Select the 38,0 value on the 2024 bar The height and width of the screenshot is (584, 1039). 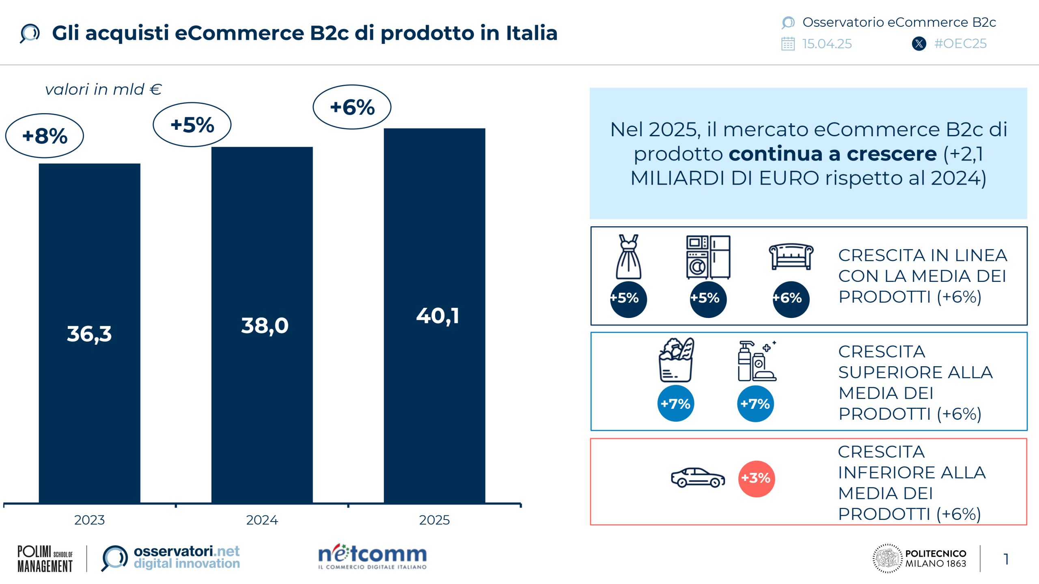click(x=265, y=326)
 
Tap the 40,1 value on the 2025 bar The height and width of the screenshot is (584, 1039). click(x=438, y=316)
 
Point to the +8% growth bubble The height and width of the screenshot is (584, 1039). click(x=45, y=136)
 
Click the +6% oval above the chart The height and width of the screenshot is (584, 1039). click(x=352, y=107)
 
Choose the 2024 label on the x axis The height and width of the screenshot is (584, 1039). click(x=262, y=520)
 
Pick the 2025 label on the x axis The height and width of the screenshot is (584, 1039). click(x=434, y=520)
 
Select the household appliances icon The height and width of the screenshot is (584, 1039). click(x=708, y=257)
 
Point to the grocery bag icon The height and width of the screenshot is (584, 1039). click(x=676, y=360)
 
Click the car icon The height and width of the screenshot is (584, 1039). click(x=698, y=478)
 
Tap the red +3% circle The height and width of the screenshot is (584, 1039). click(x=756, y=478)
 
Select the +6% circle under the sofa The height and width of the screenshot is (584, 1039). click(x=791, y=298)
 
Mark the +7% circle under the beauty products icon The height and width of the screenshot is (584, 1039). click(x=755, y=404)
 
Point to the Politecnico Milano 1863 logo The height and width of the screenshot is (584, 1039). click(x=919, y=558)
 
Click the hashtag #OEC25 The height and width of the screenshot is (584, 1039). click(x=960, y=44)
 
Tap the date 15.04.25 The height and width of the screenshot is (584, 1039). click(x=827, y=44)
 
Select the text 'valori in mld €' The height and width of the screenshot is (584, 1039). click(x=103, y=90)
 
